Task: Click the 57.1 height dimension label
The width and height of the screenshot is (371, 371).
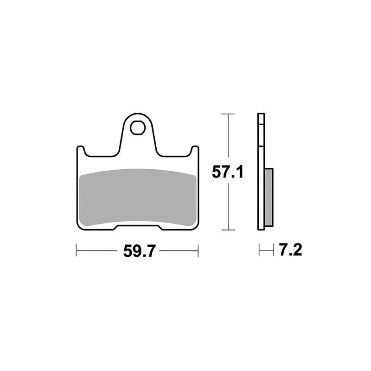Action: [227, 172]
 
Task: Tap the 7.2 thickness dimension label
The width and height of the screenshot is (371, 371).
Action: [291, 249]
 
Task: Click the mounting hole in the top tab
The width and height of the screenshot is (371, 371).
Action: [137, 128]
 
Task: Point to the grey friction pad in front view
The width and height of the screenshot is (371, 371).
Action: [138, 197]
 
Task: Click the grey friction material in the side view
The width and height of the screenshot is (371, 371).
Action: [269, 197]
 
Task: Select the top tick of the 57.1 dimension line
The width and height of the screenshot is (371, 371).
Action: [228, 114]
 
